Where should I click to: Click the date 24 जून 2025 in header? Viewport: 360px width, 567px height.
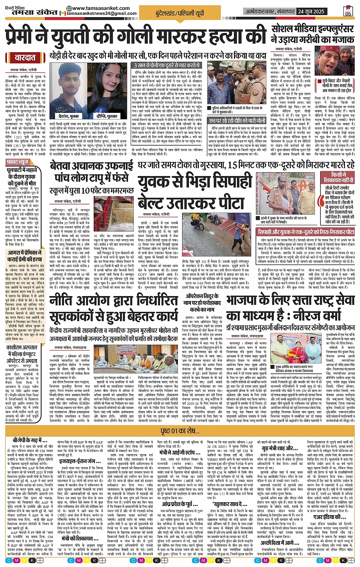311,11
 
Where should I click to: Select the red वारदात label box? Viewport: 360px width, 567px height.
25,58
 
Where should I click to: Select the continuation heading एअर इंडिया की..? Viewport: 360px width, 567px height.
330,517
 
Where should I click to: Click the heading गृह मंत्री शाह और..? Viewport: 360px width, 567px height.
280,448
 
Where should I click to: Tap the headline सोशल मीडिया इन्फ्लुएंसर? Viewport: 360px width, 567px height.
312,29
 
